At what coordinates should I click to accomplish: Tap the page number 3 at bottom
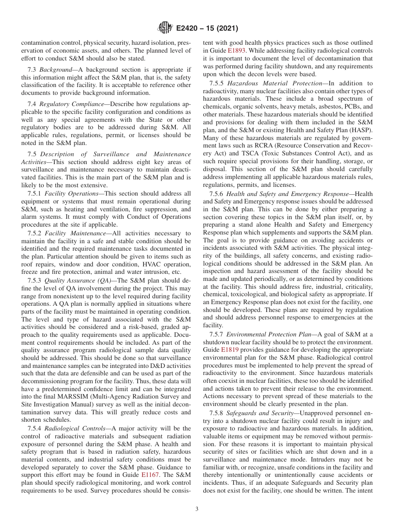(197, 509)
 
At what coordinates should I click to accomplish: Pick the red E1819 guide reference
(230, 350)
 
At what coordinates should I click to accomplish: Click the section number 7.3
(32, 70)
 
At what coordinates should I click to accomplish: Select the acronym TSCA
(240, 153)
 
